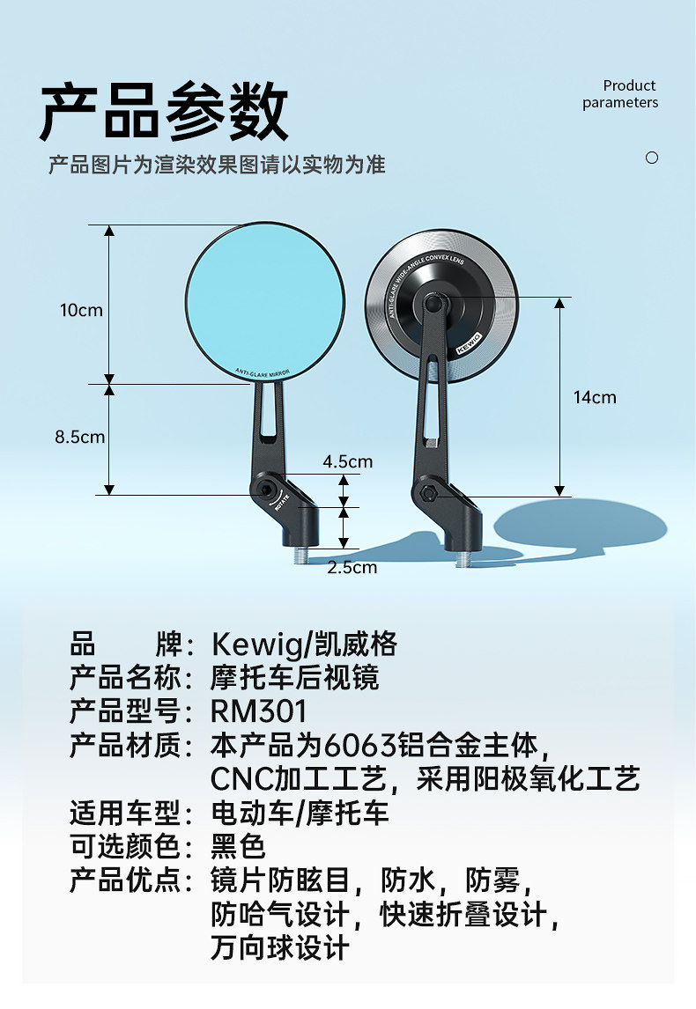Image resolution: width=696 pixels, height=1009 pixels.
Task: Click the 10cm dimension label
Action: [81, 310]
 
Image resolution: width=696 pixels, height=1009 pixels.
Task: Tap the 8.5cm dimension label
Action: [79, 437]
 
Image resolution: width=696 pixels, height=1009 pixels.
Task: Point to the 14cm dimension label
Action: [595, 397]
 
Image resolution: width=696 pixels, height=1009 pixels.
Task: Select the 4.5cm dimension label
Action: [347, 461]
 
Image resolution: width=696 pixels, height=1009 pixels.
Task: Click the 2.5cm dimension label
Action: [352, 567]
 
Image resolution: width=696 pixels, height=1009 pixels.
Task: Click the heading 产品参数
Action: [164, 112]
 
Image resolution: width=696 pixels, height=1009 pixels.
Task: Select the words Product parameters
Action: [620, 94]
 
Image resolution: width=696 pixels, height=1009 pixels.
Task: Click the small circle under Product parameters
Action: [652, 158]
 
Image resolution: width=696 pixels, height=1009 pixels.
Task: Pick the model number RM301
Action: [259, 711]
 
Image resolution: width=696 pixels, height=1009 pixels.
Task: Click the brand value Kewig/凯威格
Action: [304, 644]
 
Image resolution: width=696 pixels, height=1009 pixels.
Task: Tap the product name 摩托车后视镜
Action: [295, 678]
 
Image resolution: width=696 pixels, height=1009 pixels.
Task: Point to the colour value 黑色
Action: [238, 846]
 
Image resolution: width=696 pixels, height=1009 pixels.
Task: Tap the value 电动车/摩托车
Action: [300, 813]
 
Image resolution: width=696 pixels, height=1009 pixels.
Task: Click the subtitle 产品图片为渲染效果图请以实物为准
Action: [217, 165]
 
